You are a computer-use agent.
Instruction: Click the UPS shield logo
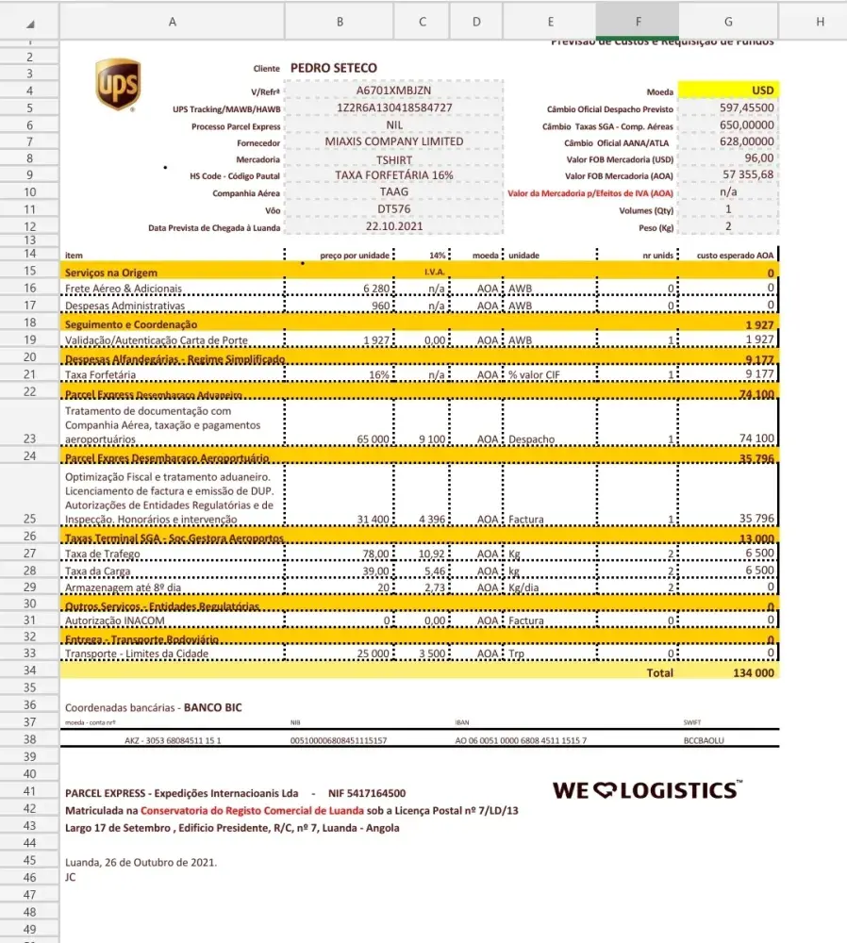118,85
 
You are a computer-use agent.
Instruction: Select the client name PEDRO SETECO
334,68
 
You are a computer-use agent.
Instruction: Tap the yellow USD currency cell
728,91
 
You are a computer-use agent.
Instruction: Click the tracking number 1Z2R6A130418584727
394,108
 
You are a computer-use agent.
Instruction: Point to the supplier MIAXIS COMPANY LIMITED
394,141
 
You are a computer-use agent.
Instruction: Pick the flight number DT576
394,209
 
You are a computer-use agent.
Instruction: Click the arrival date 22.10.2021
394,226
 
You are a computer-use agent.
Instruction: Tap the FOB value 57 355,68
748,174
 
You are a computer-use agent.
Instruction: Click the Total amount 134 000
753,673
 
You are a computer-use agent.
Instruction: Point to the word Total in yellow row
660,673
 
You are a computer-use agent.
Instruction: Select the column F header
638,22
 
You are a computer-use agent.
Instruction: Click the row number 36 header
29,705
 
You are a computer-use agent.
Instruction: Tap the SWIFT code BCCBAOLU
704,741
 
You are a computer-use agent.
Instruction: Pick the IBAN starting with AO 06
521,741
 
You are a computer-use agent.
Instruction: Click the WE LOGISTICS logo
647,789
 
